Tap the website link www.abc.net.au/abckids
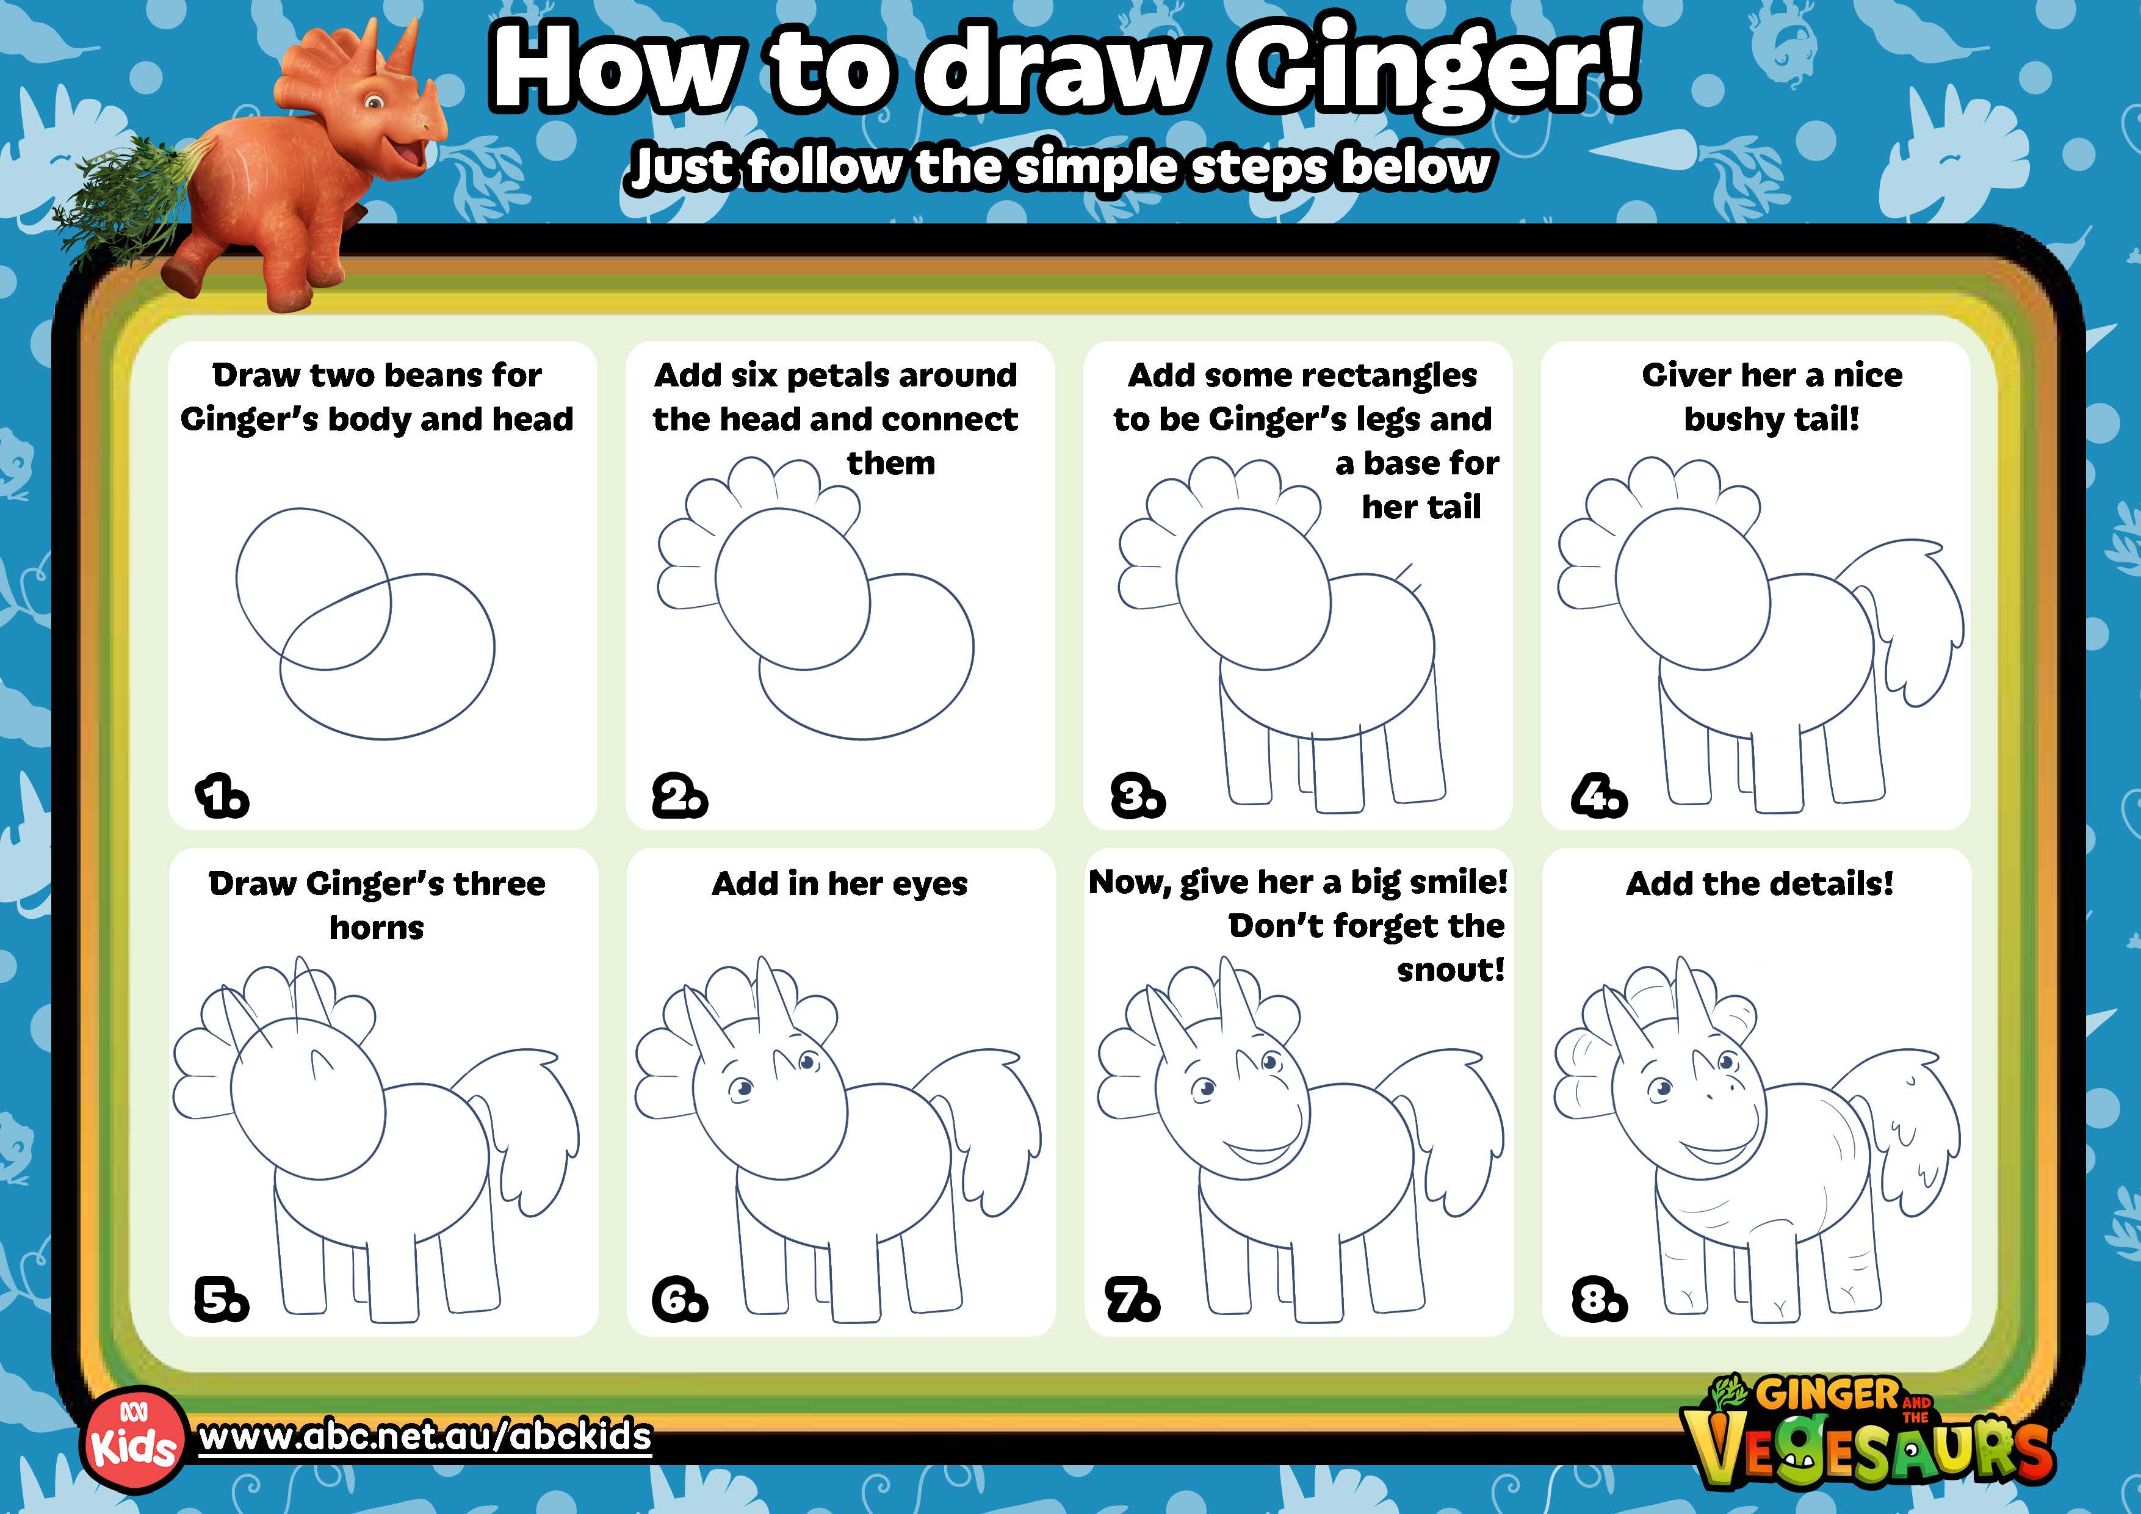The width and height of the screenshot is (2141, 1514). (x=425, y=1435)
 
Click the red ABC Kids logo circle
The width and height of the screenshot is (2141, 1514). (x=133, y=1442)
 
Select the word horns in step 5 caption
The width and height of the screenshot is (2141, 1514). (x=377, y=928)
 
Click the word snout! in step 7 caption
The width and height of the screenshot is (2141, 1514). (x=1450, y=970)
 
